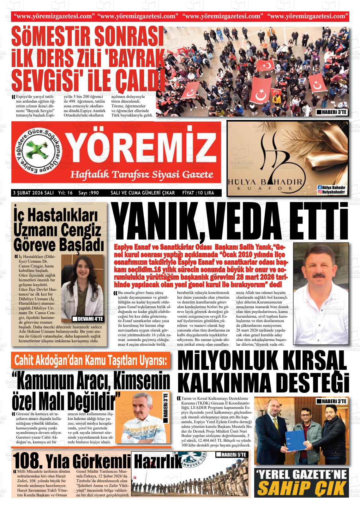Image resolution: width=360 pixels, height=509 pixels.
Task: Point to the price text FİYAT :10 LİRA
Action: pos(198,193)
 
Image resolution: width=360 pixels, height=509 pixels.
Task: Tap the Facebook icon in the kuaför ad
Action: pos(320,188)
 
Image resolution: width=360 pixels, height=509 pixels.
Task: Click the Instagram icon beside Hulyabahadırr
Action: pos(320,192)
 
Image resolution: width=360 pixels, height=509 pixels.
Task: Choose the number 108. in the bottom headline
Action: pos(27,462)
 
